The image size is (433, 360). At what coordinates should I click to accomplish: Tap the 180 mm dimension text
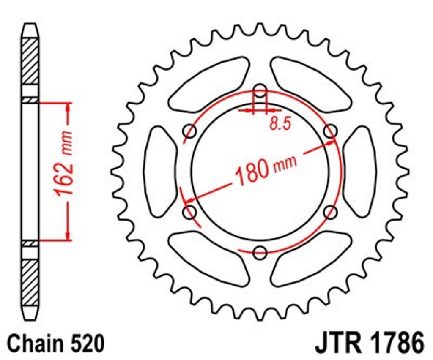click(266, 170)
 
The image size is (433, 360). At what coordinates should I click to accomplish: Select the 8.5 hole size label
click(281, 123)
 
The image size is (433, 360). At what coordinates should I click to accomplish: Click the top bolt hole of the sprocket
click(260, 90)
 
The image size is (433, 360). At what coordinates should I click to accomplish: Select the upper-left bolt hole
click(190, 131)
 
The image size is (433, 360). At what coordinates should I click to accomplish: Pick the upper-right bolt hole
click(330, 131)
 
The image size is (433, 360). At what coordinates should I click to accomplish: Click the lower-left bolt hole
click(190, 212)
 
